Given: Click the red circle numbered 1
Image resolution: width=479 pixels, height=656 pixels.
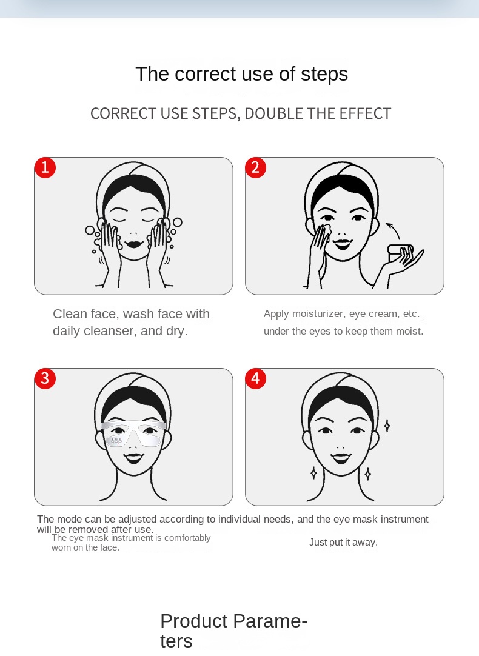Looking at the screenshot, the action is coord(45,168).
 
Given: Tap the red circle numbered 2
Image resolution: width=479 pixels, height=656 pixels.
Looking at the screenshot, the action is coord(256,168).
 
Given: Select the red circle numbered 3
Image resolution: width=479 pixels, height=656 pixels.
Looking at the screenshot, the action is coord(45,378).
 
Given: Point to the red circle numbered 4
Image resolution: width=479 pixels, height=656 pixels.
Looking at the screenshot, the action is coord(256,378).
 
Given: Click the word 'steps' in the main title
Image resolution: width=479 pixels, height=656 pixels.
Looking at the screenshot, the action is coord(324,75).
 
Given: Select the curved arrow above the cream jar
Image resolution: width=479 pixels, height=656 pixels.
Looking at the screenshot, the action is coord(394,230).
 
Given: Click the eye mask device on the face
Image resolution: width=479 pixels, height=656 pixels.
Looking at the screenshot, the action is coord(133,433).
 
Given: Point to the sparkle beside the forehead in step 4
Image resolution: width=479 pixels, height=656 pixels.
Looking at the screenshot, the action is coord(387,426).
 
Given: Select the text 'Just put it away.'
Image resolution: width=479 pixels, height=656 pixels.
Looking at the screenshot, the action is coord(343,543).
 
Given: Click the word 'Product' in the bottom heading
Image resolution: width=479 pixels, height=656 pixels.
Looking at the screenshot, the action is coord(193,621).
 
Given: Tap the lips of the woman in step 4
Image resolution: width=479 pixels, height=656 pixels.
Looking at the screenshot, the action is coord(341,458).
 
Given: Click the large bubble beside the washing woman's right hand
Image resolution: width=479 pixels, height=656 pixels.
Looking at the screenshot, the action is coord(178,222).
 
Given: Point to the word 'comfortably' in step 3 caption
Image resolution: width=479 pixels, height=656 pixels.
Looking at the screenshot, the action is coord(187,538).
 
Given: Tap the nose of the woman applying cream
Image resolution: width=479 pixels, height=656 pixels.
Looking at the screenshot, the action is coord(342,233).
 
